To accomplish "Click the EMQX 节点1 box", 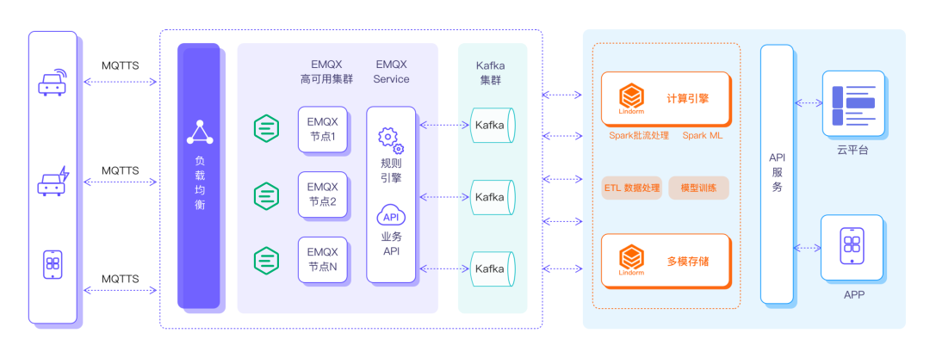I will pyautogui.click(x=323, y=129).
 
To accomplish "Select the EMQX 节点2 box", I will pyautogui.click(x=323, y=194).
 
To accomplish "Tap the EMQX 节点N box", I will pyautogui.click(x=323, y=260).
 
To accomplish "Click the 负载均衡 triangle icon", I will pyautogui.click(x=200, y=133).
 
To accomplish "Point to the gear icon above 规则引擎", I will pyautogui.click(x=390, y=140).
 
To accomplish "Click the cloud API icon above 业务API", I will pyautogui.click(x=390, y=216).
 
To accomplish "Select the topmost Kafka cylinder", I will pyautogui.click(x=492, y=126).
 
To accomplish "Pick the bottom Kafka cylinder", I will pyautogui.click(x=492, y=268).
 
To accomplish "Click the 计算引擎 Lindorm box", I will pyautogui.click(x=666, y=99).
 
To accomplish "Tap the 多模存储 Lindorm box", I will pyautogui.click(x=666, y=260).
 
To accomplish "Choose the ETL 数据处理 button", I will pyautogui.click(x=631, y=188).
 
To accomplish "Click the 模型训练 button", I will pyautogui.click(x=698, y=188).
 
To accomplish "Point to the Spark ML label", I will pyautogui.click(x=703, y=136).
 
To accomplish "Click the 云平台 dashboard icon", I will pyautogui.click(x=852, y=103).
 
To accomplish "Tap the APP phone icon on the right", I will pyautogui.click(x=852, y=247).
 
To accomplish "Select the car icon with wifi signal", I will pyautogui.click(x=53, y=82).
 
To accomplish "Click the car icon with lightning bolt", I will pyautogui.click(x=53, y=182).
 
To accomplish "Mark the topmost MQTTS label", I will pyautogui.click(x=121, y=65).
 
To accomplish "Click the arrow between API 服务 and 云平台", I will pyautogui.click(x=809, y=103).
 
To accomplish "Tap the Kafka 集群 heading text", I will pyautogui.click(x=490, y=72).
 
